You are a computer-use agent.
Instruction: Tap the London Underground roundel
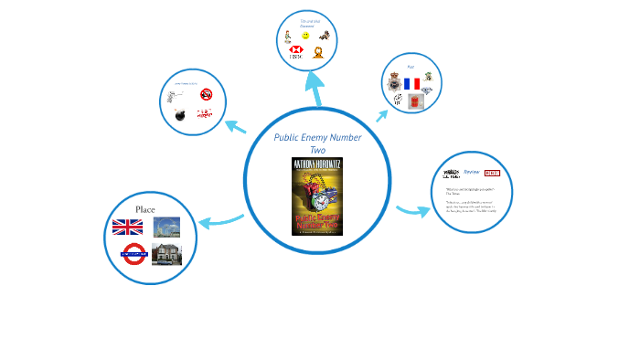tap(134, 253)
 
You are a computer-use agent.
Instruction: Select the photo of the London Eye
tap(166, 227)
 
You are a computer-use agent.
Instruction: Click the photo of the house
tap(166, 254)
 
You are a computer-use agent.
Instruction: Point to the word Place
tap(146, 209)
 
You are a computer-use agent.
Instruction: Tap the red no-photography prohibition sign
tap(207, 93)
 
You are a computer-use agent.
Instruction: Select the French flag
tap(411, 84)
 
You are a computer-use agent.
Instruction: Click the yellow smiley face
tap(305, 36)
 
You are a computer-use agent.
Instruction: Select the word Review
tap(471, 172)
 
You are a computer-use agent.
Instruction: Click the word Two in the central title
tap(317, 149)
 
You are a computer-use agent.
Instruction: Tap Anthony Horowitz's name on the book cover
tap(317, 165)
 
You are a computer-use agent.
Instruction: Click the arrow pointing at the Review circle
tap(413, 211)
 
